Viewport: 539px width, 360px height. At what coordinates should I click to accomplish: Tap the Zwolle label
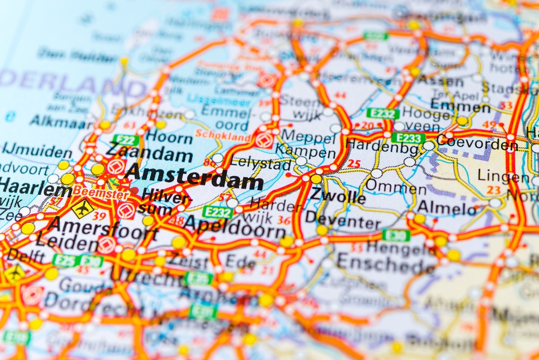pos(337,197)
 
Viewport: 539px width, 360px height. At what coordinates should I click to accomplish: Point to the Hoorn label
pos(169,137)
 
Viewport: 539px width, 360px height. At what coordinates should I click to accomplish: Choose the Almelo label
pos(447,207)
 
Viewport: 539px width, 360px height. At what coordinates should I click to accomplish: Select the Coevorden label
pos(476,143)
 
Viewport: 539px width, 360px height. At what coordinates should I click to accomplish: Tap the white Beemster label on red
pos(101,191)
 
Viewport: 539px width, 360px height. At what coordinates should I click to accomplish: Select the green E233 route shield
pos(408,138)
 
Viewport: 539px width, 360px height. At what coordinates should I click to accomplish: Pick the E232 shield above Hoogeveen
pos(383,113)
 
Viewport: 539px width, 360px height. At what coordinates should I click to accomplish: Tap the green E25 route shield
pos(65,260)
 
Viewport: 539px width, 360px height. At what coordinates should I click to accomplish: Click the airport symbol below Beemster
pos(84,207)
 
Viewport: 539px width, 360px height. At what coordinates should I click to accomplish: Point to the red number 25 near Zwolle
pos(354,163)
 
